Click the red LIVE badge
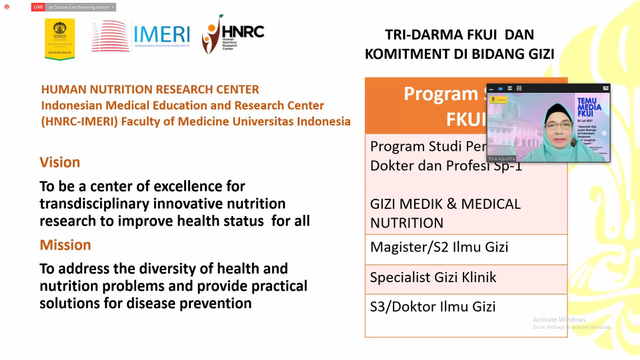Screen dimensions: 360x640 coord(38,7)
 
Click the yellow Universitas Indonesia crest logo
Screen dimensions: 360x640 coord(59,39)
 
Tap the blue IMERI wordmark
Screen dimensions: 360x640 coord(160,34)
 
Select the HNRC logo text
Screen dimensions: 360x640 coord(244,31)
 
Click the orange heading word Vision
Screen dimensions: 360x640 coord(60,162)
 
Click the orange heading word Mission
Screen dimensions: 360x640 coord(65,244)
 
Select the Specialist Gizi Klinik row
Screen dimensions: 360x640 coord(432,277)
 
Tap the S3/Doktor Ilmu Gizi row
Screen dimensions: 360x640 coord(432,306)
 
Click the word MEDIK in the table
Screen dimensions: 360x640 coord(424,204)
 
